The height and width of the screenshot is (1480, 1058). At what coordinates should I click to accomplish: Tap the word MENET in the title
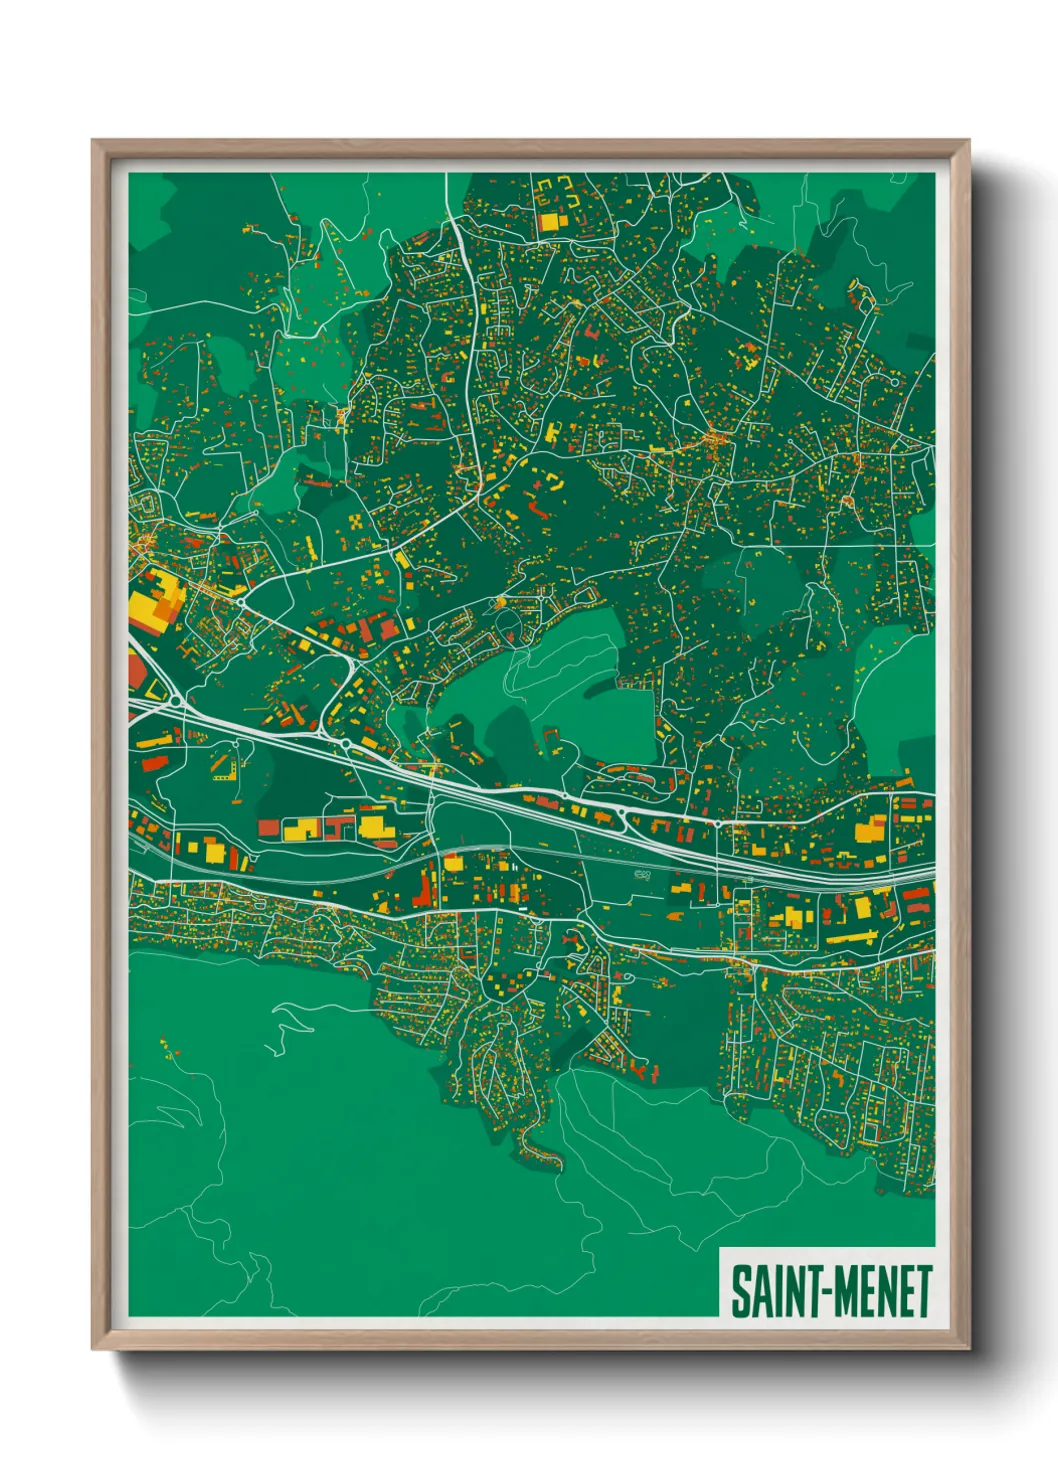click(883, 1291)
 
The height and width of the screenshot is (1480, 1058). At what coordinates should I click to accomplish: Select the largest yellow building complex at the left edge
click(153, 601)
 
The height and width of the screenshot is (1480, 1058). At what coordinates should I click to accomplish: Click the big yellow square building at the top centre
click(549, 221)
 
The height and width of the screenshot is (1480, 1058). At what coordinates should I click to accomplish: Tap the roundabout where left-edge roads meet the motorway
click(177, 701)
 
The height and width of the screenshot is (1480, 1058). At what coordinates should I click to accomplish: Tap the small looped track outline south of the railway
click(642, 875)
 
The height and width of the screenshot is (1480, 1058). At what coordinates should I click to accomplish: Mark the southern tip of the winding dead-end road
click(548, 1160)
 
